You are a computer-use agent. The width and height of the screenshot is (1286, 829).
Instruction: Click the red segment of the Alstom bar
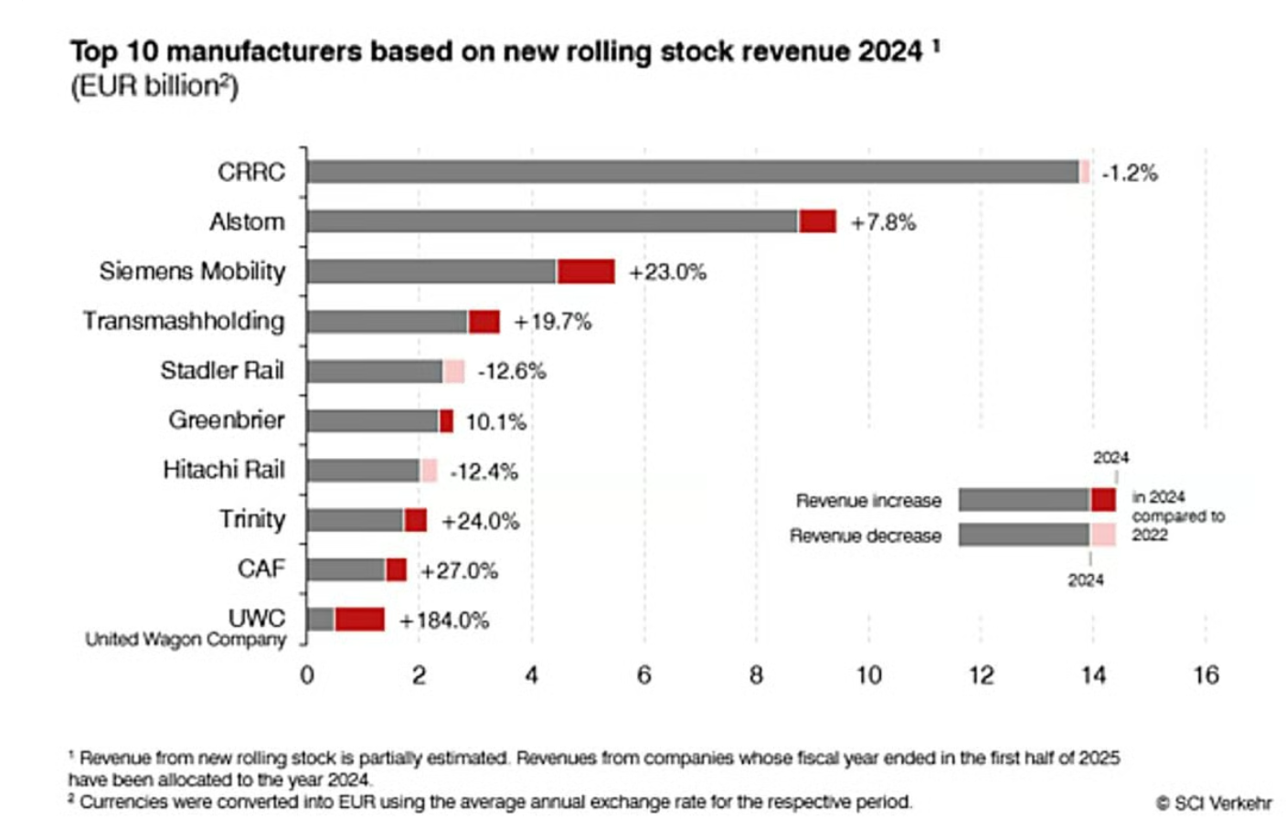pos(817,221)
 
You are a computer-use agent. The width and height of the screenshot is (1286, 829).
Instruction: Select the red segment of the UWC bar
pos(359,619)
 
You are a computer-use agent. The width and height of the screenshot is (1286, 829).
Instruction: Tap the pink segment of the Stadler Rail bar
pos(453,370)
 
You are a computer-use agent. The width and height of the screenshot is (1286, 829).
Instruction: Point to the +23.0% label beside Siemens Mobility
pos(667,271)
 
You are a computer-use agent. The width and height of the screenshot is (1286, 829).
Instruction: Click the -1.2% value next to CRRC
pos(1130,173)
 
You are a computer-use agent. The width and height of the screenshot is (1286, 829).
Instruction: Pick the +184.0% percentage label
pos(444,620)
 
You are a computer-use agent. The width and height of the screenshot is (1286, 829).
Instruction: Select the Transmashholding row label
pos(184,321)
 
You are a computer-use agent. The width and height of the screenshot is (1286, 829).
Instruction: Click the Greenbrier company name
pos(226,420)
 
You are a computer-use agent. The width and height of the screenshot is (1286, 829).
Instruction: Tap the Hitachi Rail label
pos(224,469)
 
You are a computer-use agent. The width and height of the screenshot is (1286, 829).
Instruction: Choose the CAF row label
pos(260,569)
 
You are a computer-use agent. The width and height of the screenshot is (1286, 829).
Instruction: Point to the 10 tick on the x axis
pos(868,675)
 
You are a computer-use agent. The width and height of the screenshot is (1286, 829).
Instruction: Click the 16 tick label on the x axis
pos(1206,675)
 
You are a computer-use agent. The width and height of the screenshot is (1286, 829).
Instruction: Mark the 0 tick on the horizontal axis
pos(307,675)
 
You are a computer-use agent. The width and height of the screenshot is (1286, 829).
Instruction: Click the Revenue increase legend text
pos(868,500)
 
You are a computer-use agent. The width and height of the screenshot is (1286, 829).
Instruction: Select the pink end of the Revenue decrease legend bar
pos(1102,535)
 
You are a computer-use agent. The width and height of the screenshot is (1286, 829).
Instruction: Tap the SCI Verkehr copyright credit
pos(1214,802)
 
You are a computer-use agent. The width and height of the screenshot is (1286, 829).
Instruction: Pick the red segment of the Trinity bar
pos(415,520)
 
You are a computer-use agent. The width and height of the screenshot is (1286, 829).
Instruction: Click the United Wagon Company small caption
pos(186,640)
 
